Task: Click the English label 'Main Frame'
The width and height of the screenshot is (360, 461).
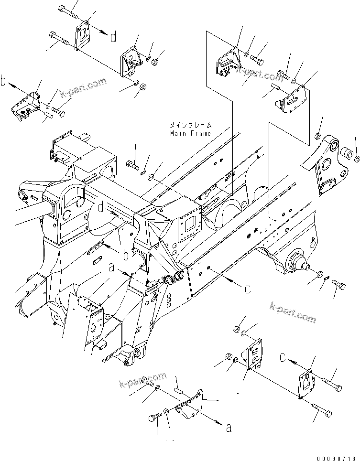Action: [x=190, y=134]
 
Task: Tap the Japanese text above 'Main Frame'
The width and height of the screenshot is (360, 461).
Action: [x=189, y=125]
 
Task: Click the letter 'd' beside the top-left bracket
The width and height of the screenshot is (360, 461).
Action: [x=113, y=36]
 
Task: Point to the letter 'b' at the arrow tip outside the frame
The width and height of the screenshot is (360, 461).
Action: [x=4, y=82]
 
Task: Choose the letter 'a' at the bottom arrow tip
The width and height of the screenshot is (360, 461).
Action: [x=229, y=428]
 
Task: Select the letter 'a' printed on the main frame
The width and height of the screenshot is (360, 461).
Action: [x=111, y=269]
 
